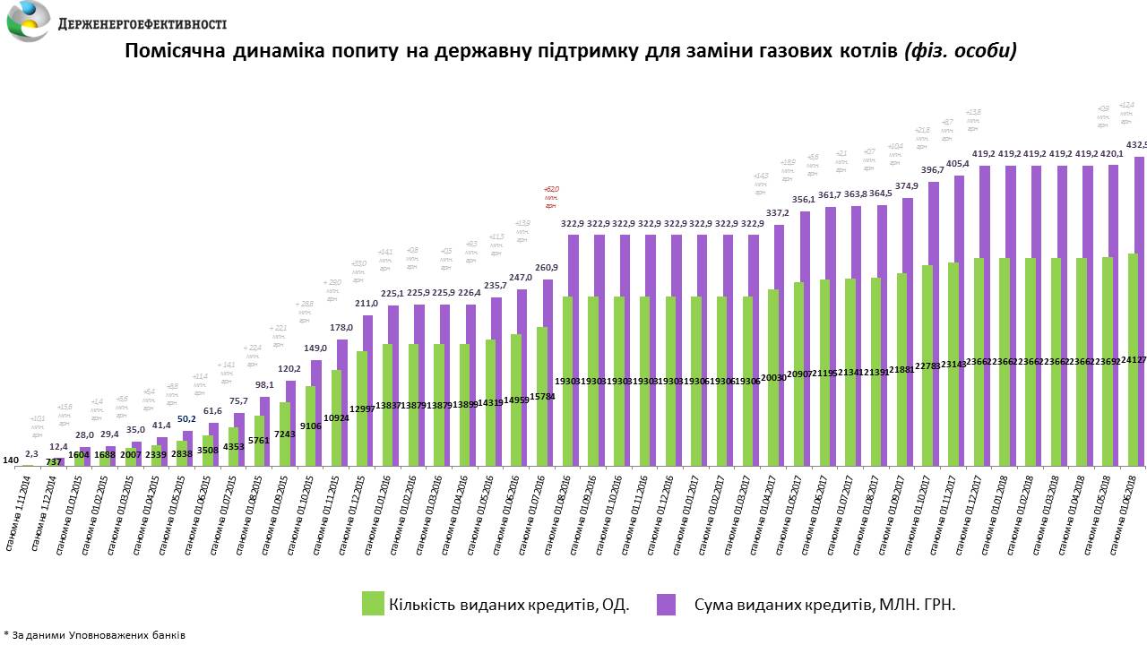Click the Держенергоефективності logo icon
pyautogui.click(x=28, y=21)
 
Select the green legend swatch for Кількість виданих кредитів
pyautogui.click(x=373, y=604)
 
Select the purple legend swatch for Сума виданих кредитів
pyautogui.click(x=665, y=604)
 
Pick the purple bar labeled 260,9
pyautogui.click(x=548, y=372)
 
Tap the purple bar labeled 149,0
pyautogui.click(x=315, y=412)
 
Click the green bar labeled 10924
pyautogui.click(x=336, y=417)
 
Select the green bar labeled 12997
pyautogui.click(x=361, y=408)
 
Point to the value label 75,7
pyautogui.click(x=237, y=401)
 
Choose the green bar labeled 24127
pyautogui.click(x=1133, y=359)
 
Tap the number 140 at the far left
pyautogui.click(x=11, y=460)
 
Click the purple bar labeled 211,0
pyautogui.click(x=367, y=390)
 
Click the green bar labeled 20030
pyautogui.click(x=773, y=377)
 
